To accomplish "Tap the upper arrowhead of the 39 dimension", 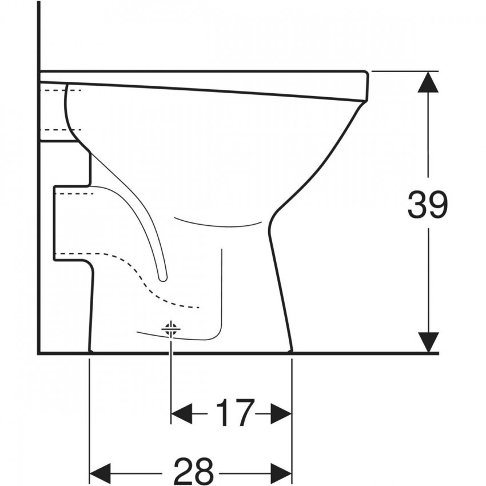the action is pyautogui.click(x=428, y=82).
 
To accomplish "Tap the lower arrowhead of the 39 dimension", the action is pyautogui.click(x=428, y=342).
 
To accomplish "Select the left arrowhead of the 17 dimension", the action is pyautogui.click(x=182, y=413).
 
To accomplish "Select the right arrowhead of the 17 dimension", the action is pyautogui.click(x=281, y=413).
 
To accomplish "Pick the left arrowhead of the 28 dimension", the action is pyautogui.click(x=100, y=473).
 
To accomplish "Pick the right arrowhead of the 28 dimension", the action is pyautogui.click(x=281, y=473).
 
